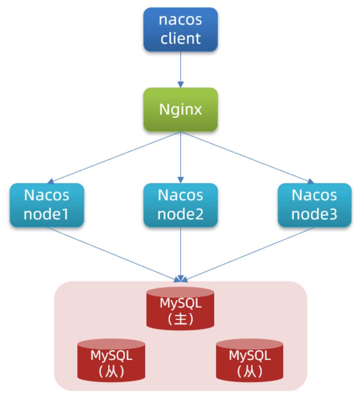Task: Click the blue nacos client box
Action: [181, 29]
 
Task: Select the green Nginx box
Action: [181, 110]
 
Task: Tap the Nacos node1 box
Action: [47, 205]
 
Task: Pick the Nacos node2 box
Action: [181, 205]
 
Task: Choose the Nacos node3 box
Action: [314, 205]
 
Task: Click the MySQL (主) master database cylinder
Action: [180, 309]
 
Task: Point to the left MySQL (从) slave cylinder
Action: [111, 360]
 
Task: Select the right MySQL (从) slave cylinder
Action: [250, 360]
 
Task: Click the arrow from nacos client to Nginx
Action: [181, 69]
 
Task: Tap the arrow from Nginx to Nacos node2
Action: [181, 157]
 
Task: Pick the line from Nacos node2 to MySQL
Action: [181, 254]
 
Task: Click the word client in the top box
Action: [181, 38]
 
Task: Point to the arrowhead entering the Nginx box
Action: [181, 85]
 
